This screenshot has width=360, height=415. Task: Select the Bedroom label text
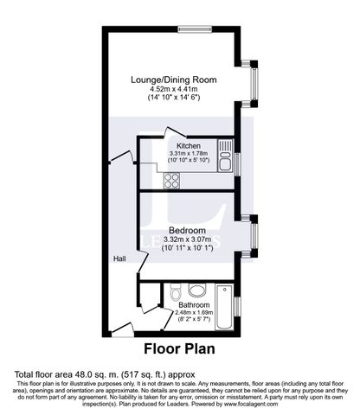pyautogui.click(x=187, y=230)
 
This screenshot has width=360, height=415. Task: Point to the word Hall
pyautogui.click(x=119, y=259)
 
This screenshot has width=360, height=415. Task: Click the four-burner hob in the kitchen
pyautogui.click(x=171, y=182)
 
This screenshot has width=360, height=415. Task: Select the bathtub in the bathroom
pyautogui.click(x=223, y=309)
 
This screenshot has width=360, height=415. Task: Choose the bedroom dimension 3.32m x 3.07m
pyautogui.click(x=187, y=239)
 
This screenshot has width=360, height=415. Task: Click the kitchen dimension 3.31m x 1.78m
pyautogui.click(x=188, y=155)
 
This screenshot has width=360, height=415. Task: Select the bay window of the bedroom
pyautogui.click(x=253, y=233)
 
